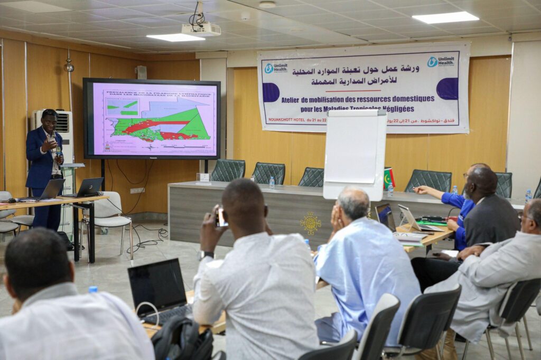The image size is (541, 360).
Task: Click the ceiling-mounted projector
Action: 201,29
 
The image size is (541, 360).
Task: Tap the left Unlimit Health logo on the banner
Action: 276,68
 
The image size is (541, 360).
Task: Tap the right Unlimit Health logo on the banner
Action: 441,61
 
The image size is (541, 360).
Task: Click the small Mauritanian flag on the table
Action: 389,178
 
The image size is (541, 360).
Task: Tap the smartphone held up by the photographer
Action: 222,217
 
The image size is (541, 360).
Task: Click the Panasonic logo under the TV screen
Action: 151,157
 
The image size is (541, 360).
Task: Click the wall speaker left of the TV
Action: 141,72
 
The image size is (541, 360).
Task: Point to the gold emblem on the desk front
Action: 311,223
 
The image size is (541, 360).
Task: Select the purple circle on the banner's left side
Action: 270,92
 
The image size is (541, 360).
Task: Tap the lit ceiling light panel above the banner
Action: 445,17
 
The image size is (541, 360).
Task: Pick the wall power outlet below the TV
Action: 136,191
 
